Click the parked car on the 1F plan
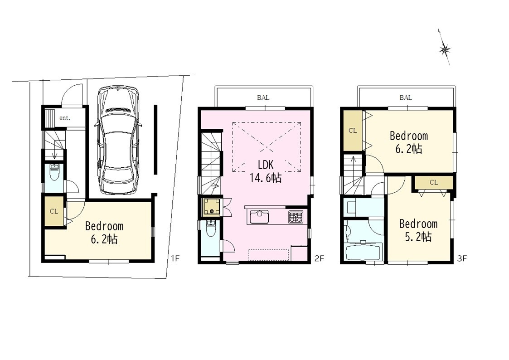point(118,140)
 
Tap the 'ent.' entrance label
point(65,118)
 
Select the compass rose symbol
point(444,48)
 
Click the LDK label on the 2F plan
point(266,165)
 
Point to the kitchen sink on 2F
point(259,217)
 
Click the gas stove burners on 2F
point(296,217)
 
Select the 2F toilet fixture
point(211,228)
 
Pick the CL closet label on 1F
point(54,211)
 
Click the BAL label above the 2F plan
point(263,97)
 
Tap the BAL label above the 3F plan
point(406,97)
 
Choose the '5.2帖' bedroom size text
point(418,237)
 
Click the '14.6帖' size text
point(266,178)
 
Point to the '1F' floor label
point(175,258)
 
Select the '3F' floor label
point(462,258)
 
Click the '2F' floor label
point(319,258)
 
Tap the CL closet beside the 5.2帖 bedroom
point(434,182)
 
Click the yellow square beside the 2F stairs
point(212,207)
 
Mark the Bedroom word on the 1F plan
point(104,226)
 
